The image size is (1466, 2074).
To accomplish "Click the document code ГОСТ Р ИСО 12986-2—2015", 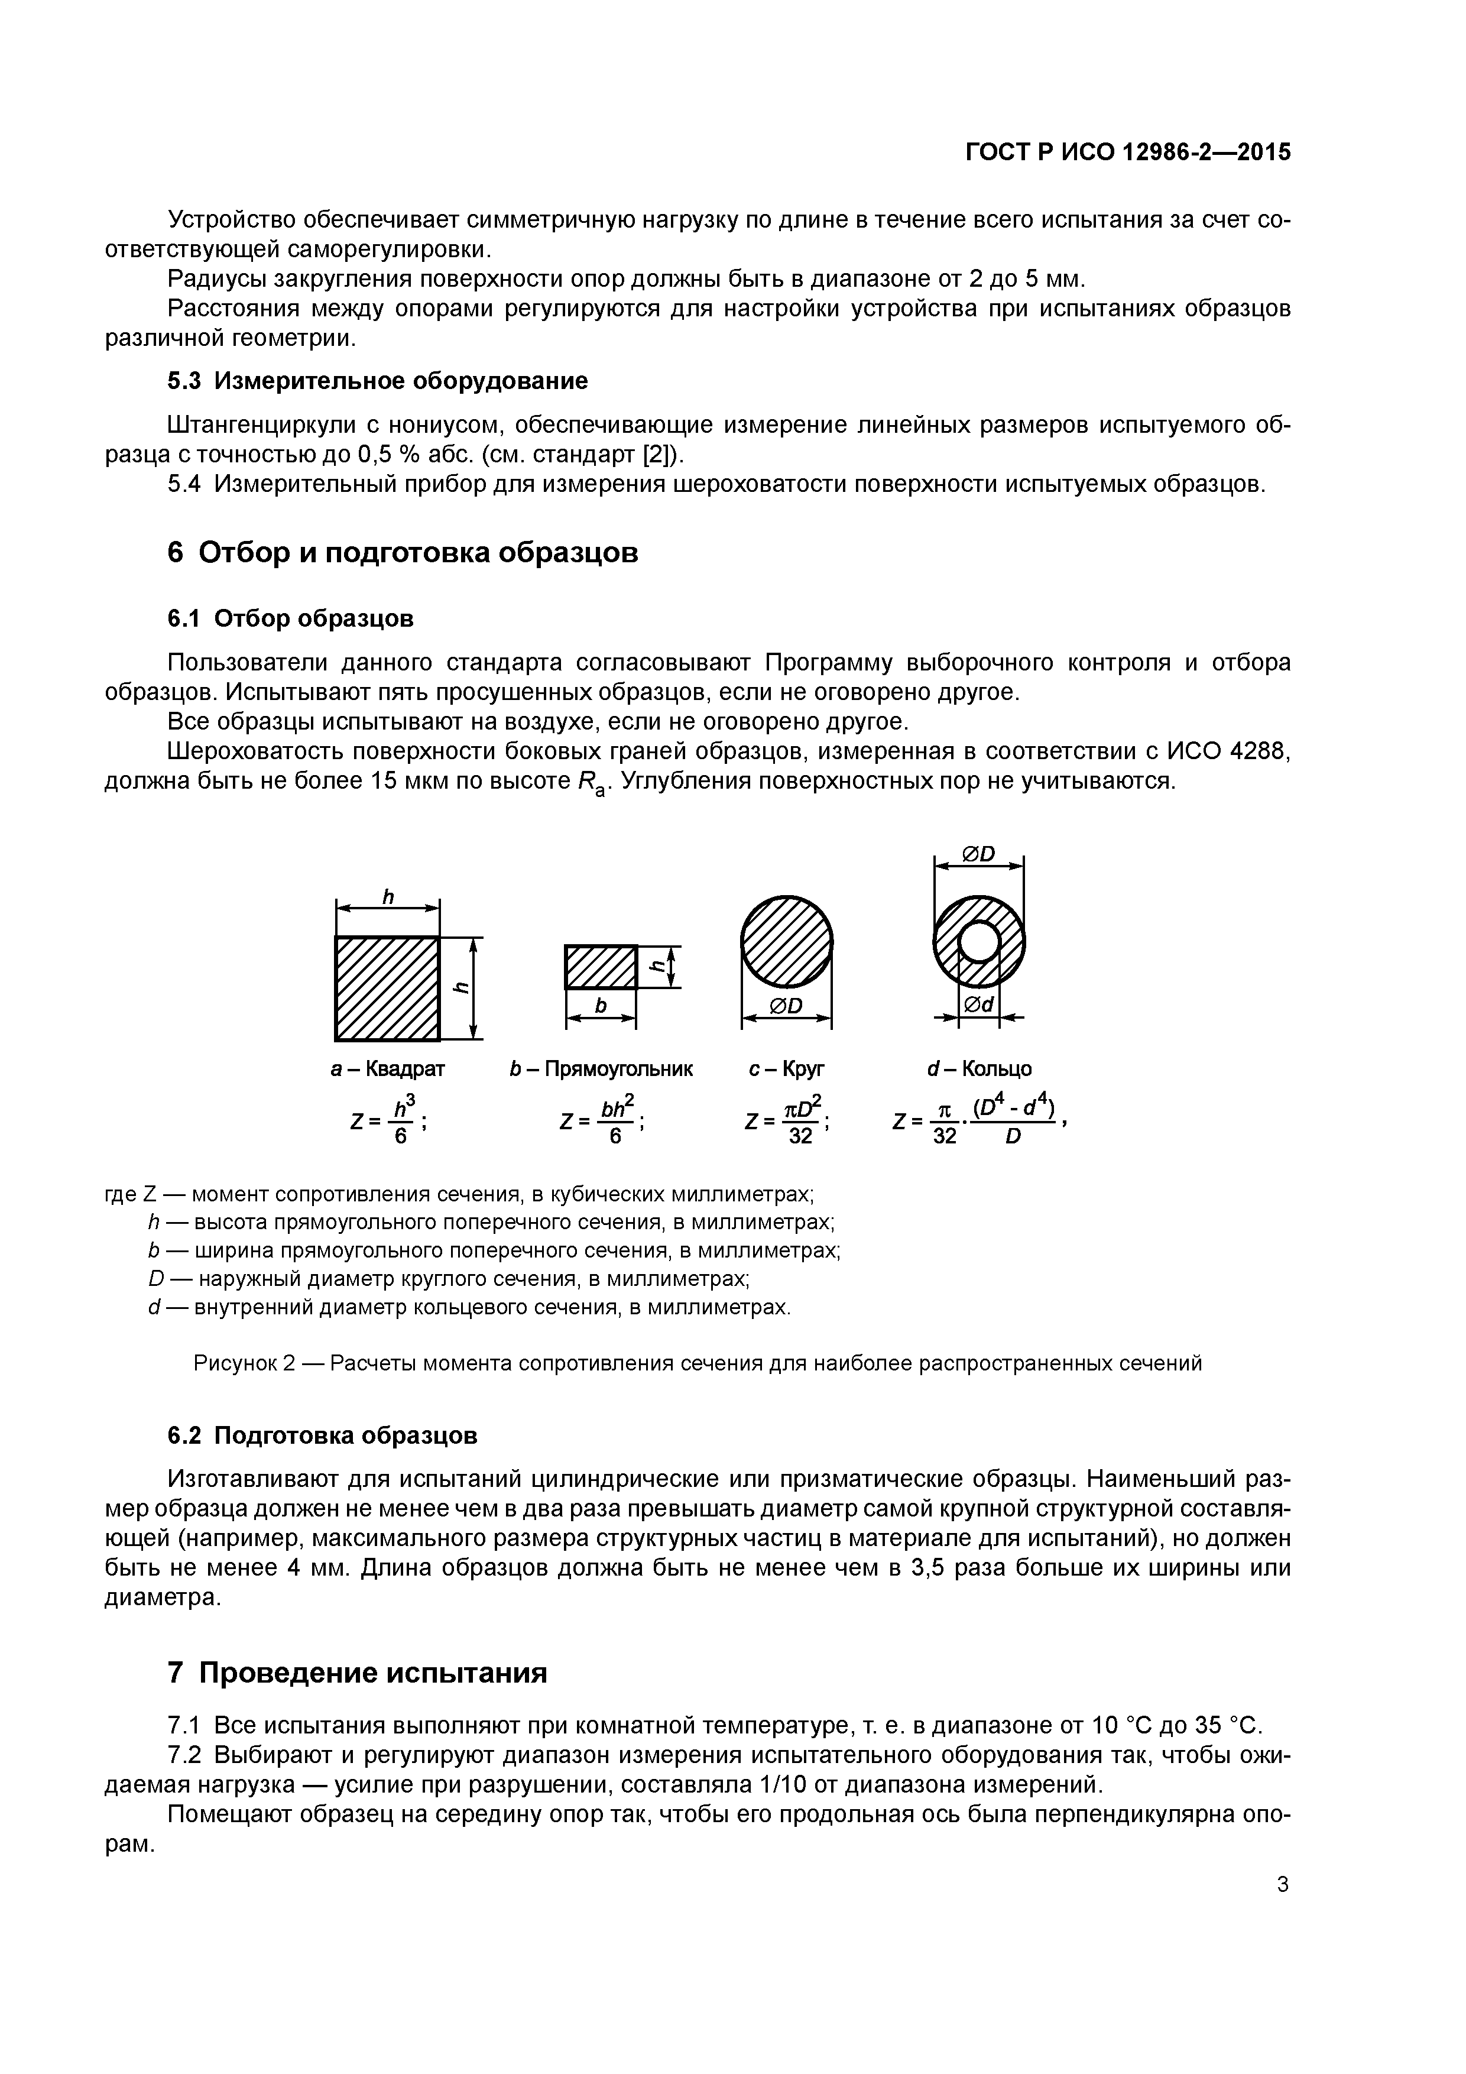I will click(x=1127, y=152).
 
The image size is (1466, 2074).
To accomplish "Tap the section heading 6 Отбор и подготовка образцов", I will click(x=403, y=552).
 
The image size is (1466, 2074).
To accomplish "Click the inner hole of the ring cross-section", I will click(x=978, y=943).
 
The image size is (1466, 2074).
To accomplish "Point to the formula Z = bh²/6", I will click(x=602, y=1120).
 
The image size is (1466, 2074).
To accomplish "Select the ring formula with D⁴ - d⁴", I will click(x=980, y=1120).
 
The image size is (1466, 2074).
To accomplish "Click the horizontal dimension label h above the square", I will click(x=388, y=896).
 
